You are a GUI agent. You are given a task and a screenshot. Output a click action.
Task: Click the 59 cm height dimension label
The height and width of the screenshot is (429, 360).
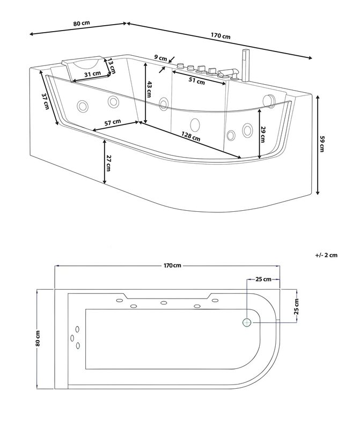[322, 144]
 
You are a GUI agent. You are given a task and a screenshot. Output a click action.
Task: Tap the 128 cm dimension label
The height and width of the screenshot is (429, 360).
[191, 136]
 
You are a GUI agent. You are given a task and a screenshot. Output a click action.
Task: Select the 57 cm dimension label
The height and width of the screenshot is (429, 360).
[113, 122]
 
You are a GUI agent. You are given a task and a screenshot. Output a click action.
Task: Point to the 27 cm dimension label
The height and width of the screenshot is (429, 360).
[109, 164]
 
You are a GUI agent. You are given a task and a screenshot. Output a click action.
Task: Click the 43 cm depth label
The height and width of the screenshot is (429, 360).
[149, 89]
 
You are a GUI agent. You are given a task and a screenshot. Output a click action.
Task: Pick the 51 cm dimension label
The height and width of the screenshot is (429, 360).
[197, 81]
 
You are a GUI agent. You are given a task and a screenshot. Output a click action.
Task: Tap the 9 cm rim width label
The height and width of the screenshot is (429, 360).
[161, 58]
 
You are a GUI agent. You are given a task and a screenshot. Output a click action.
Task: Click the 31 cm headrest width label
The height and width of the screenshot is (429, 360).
[92, 73]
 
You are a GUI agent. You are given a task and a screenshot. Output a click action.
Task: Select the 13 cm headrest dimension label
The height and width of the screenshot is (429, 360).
[112, 65]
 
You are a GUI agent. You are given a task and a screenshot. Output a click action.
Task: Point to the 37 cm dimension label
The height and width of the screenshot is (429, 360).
[46, 101]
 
